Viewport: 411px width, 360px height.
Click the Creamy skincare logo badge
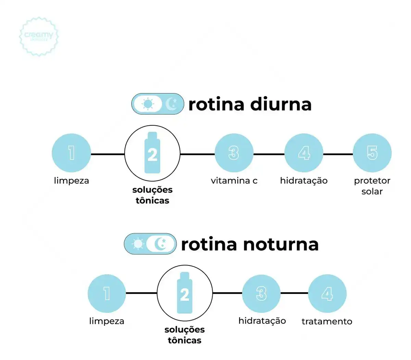tap(39, 36)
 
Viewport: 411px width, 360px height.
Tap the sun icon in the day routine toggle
tap(148, 104)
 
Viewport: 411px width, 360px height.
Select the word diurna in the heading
tap(281, 104)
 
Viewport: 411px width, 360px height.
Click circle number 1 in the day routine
tap(71, 153)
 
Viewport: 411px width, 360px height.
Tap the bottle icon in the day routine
tap(152, 153)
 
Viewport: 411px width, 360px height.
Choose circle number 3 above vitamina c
tap(234, 153)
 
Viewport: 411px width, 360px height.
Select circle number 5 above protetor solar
tap(372, 153)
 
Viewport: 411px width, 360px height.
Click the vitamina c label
tap(234, 181)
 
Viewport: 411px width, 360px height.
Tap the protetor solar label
tap(372, 186)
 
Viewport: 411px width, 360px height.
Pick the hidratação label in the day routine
tap(304, 181)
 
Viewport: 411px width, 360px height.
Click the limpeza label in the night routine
tap(107, 321)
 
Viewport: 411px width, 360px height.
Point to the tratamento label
tap(327, 321)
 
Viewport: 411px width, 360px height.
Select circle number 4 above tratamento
tap(327, 294)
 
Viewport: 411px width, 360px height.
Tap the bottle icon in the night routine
tap(185, 293)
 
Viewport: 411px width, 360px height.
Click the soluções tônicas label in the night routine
tap(185, 335)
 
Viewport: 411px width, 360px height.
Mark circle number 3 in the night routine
tap(261, 294)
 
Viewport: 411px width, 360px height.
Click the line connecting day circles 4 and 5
tap(338, 154)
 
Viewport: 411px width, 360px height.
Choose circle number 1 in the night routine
tap(107, 294)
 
